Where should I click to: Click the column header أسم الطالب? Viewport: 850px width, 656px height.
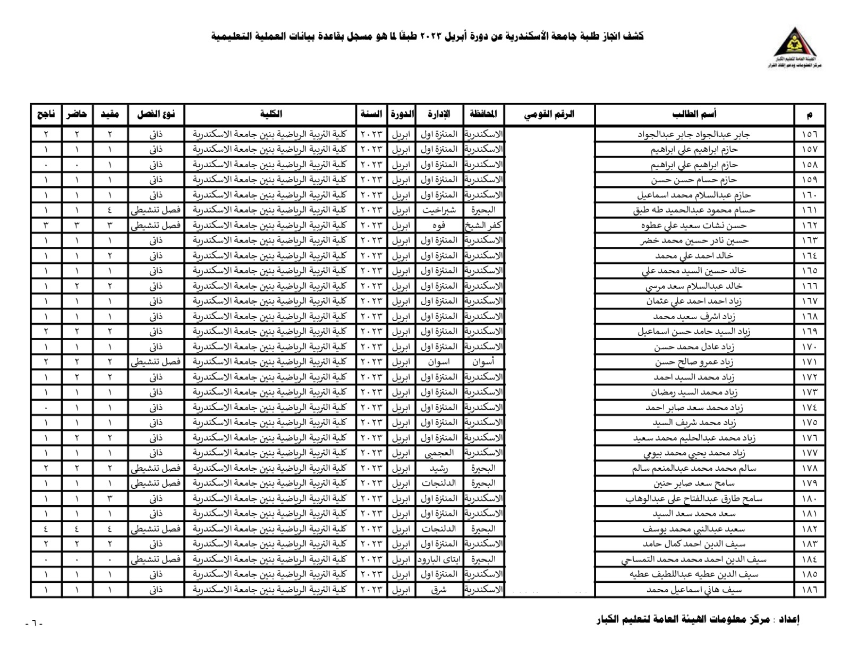(x=694, y=114)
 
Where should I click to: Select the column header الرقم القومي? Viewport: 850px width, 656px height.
(x=549, y=114)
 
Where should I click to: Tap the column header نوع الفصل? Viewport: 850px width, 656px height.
(x=156, y=114)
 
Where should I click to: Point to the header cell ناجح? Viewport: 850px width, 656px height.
(x=46, y=114)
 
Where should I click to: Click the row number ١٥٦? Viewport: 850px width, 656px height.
(x=810, y=134)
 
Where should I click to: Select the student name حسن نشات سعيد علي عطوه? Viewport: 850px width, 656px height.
(x=693, y=226)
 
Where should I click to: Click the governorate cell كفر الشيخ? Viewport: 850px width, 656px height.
(x=483, y=226)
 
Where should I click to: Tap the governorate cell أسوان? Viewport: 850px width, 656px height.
(x=483, y=362)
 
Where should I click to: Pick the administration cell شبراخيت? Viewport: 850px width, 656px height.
(x=439, y=210)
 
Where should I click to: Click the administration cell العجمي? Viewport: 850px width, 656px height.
(x=439, y=453)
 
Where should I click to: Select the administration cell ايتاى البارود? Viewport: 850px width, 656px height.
(x=439, y=559)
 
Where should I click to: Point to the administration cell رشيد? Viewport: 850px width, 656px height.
(x=439, y=469)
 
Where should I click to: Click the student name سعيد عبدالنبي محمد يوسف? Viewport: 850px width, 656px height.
(x=693, y=529)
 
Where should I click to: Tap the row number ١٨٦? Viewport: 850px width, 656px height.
(x=810, y=590)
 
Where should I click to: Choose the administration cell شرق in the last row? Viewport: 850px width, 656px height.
(x=439, y=590)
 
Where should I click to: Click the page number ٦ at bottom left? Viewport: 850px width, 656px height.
(x=33, y=623)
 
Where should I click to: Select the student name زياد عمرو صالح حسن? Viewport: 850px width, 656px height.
(x=693, y=362)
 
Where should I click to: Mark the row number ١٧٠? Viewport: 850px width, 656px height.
(x=810, y=347)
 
